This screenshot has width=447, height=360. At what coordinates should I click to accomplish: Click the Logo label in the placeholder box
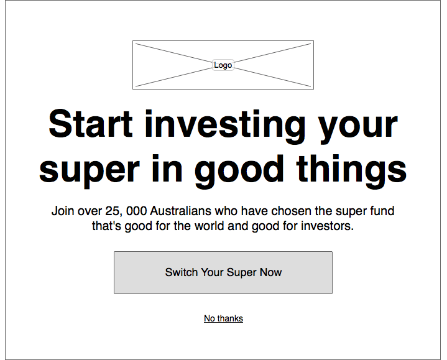click(x=223, y=65)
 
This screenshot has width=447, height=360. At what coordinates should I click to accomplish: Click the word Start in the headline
click(x=91, y=124)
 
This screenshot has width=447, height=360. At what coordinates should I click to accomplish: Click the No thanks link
click(x=224, y=318)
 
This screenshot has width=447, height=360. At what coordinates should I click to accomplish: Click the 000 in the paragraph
click(x=137, y=211)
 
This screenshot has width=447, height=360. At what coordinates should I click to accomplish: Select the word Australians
click(x=181, y=211)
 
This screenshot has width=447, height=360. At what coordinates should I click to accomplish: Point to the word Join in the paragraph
click(x=62, y=211)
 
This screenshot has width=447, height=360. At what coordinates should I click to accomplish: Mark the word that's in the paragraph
click(x=106, y=226)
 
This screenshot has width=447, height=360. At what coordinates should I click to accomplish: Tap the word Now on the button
click(x=271, y=272)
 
